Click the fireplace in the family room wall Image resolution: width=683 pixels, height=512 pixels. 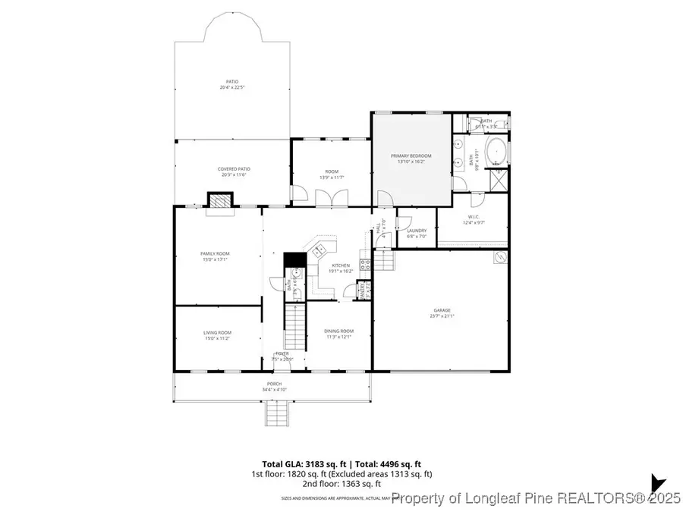(x=219, y=200)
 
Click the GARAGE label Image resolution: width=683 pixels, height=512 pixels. (x=442, y=310)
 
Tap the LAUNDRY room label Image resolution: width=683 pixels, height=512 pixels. (x=416, y=231)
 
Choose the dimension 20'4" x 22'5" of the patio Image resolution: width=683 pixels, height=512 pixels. (x=232, y=87)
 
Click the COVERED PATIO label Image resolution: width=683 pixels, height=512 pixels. (x=234, y=169)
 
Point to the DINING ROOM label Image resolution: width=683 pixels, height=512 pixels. (x=338, y=331)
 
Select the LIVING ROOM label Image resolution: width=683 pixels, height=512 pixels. (x=217, y=332)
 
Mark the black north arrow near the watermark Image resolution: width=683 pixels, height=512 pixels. (x=656, y=482)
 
